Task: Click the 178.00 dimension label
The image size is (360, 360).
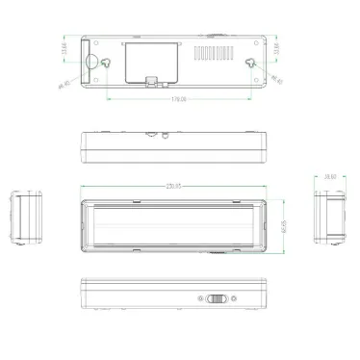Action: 179,99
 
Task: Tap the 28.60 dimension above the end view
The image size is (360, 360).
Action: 328,179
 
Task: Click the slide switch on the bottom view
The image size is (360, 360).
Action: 218,298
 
